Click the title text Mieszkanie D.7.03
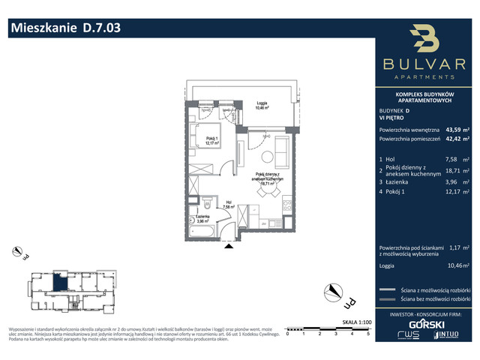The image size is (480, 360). point(64,28)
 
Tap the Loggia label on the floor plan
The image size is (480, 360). point(261,104)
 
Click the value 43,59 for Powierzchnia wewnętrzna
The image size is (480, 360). point(454,128)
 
